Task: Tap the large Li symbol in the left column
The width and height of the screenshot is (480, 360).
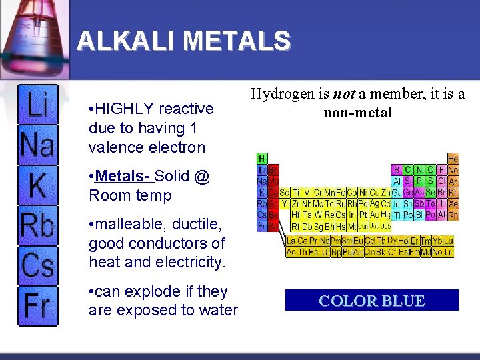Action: coord(37,105)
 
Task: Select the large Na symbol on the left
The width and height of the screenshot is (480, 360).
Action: coord(37,144)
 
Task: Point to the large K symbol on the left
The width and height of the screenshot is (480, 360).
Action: coord(37,185)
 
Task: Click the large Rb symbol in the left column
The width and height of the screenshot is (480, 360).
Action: coord(37,226)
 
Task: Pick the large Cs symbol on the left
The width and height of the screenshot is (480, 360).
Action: coord(37,265)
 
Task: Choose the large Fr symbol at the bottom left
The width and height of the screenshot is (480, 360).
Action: coord(37,305)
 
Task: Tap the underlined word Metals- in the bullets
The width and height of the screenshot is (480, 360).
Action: coord(124,177)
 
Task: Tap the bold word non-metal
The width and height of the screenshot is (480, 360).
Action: coord(358,113)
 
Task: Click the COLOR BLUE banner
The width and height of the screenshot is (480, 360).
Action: coord(372,301)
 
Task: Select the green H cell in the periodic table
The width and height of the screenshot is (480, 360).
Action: coord(263,159)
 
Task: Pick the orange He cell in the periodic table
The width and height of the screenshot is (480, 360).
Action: coord(453,159)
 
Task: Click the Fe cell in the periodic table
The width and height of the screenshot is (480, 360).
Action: coord(340,193)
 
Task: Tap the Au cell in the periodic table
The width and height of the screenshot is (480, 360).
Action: coord(373,215)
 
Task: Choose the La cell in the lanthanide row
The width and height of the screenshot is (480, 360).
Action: coord(291,241)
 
